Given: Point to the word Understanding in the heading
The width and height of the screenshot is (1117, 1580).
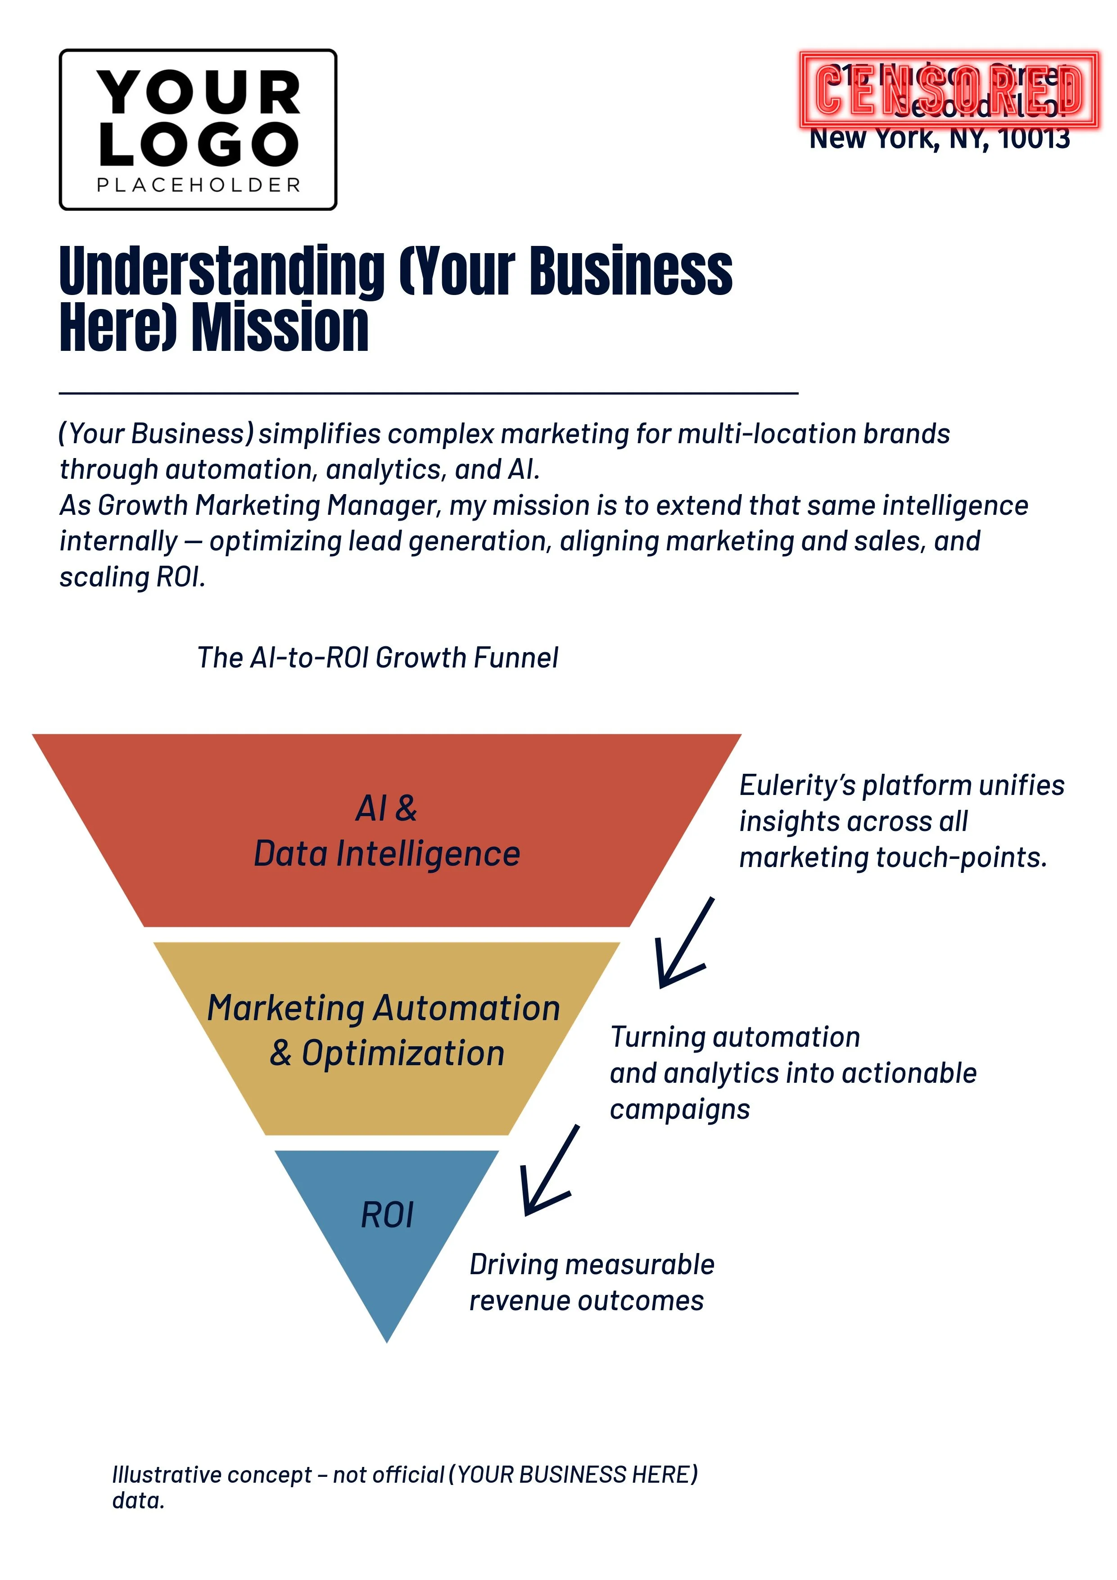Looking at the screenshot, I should point(222,272).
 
